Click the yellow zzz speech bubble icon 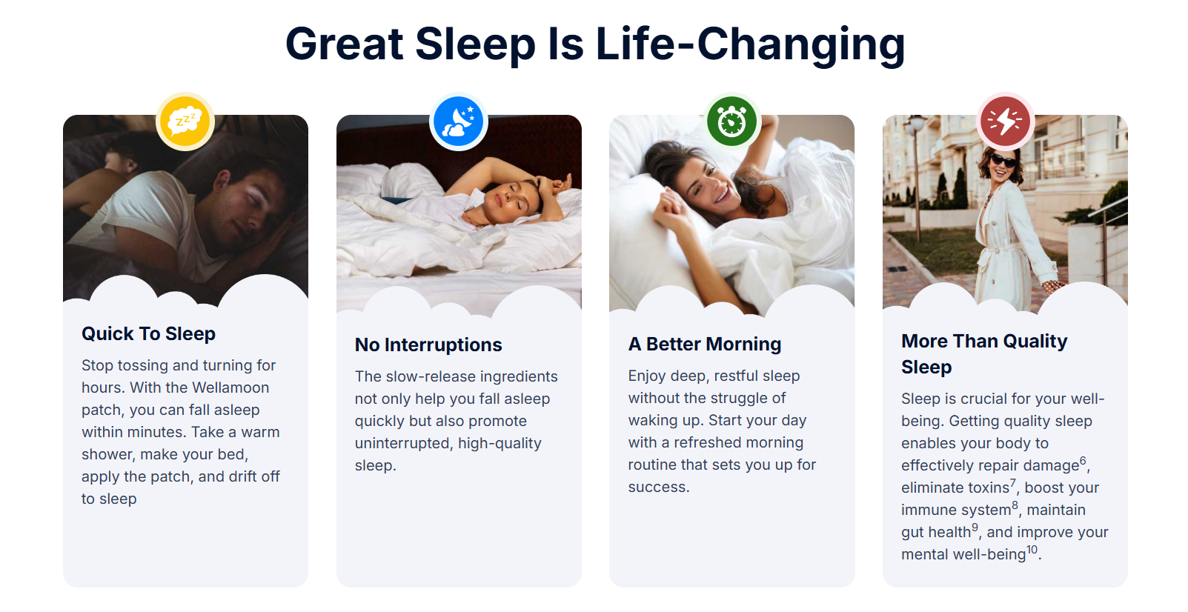185,122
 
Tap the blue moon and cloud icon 458,122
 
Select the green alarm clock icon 732,122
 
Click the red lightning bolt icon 1005,122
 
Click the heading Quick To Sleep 148,333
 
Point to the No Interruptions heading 428,345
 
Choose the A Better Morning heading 704,345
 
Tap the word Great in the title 344,44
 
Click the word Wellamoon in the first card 230,388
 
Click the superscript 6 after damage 1083,460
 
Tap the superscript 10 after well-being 1032,550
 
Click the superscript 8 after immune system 1015,505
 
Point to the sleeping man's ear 222,181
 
